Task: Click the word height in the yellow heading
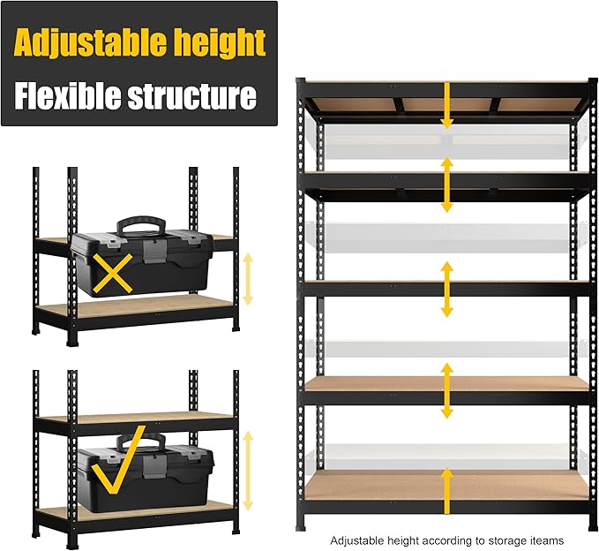pyautogui.click(x=216, y=42)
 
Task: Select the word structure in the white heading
pyautogui.click(x=192, y=94)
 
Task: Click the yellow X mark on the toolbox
pyautogui.click(x=116, y=275)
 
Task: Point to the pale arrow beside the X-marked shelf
pyautogui.click(x=248, y=278)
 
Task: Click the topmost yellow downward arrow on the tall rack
pyautogui.click(x=447, y=106)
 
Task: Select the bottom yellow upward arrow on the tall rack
pyautogui.click(x=447, y=490)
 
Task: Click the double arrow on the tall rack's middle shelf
pyautogui.click(x=447, y=289)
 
